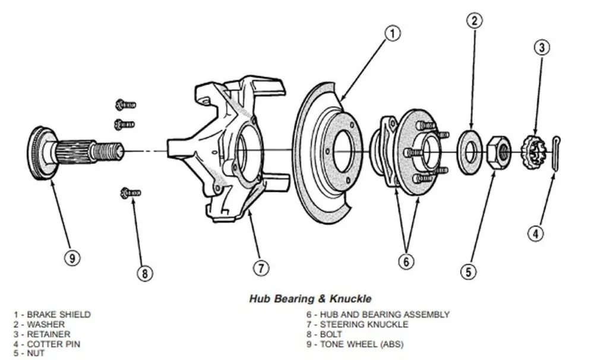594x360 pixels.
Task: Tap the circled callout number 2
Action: click(x=473, y=21)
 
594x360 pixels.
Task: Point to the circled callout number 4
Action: click(x=536, y=233)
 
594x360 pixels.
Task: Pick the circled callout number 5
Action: click(x=469, y=271)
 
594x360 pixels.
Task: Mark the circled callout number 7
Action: click(x=261, y=267)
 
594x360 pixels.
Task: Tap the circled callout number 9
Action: click(x=72, y=258)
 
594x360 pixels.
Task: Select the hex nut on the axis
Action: click(x=498, y=153)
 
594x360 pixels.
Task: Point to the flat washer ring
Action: click(x=470, y=151)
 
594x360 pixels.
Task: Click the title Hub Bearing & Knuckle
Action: click(x=309, y=298)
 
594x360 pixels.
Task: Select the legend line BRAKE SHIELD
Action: click(x=53, y=314)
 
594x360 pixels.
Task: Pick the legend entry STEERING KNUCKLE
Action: click(x=358, y=324)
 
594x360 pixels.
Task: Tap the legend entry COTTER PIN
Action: click(x=50, y=343)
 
